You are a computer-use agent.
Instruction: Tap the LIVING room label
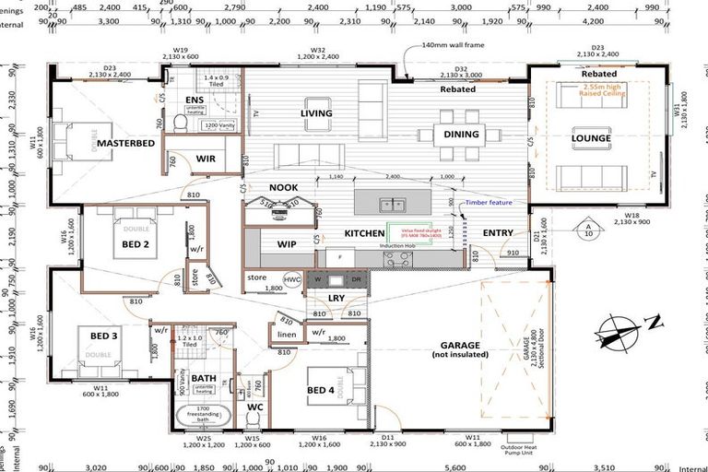point(315,113)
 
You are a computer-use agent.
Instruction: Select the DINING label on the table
point(461,135)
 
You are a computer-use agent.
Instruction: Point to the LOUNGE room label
point(590,139)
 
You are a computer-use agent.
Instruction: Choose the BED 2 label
point(135,244)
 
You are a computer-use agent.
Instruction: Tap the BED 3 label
point(103,335)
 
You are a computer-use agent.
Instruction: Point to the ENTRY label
point(498,233)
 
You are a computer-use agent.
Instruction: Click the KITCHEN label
point(364,234)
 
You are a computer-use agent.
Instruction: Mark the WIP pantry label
point(285,244)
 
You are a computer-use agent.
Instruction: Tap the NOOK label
point(283,187)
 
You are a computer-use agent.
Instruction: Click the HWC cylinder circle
point(291,278)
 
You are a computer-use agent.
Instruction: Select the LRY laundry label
point(336,298)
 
